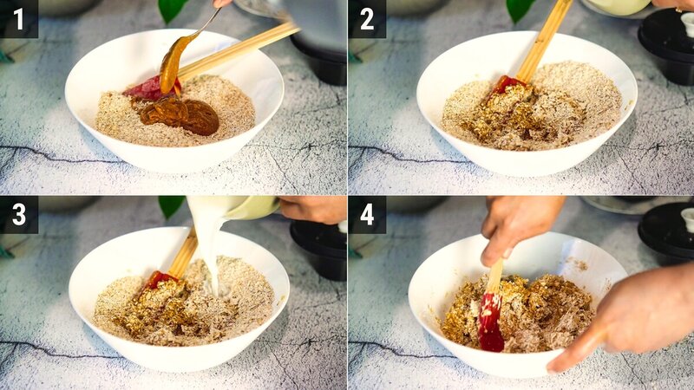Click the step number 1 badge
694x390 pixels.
(18, 18)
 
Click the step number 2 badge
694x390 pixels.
(366, 18)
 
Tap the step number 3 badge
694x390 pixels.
(18, 214)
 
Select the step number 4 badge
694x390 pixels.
(366, 214)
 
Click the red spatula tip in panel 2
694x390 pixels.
(507, 84)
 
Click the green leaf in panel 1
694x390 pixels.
(171, 9)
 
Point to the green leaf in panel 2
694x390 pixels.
(520, 9)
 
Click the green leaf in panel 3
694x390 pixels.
(170, 205)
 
